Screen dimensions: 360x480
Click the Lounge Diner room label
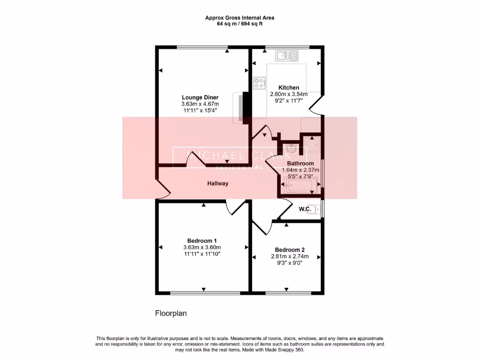coord(200,97)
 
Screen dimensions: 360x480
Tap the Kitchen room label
coord(289,88)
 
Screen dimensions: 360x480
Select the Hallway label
coord(218,184)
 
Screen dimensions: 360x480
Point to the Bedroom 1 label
coord(202,240)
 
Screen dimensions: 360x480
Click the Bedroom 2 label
coord(290,250)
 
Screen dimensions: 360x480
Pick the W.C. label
coord(306,209)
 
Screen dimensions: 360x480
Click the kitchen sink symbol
coord(287,57)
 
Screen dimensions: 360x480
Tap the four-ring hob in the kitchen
coord(259,83)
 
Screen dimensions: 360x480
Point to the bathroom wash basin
coord(292,149)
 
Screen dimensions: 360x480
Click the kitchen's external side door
coord(316,104)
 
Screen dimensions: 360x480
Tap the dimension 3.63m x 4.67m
coord(200,104)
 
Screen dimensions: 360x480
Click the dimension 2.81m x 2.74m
coord(290,256)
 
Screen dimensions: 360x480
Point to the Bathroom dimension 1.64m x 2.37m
coord(300,170)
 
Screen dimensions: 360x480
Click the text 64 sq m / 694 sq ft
coord(240,24)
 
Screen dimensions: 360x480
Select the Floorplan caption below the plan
coord(171,313)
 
